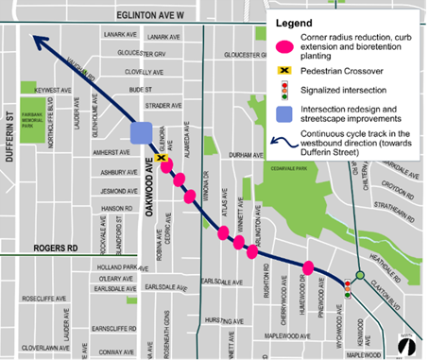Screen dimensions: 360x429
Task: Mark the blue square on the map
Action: (x=142, y=133)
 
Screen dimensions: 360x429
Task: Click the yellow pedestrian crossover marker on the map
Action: (x=164, y=160)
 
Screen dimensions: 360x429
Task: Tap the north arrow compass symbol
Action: (x=406, y=346)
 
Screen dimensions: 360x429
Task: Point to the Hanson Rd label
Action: (x=116, y=208)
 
